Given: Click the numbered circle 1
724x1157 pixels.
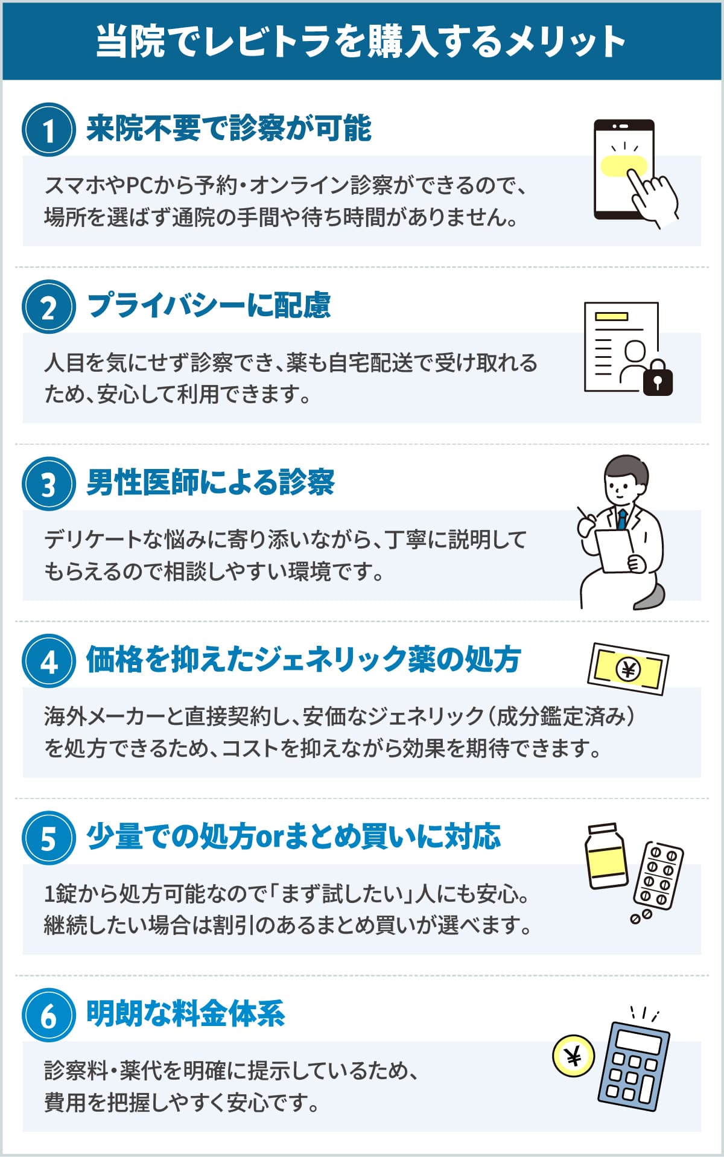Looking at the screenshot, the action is (x=49, y=130).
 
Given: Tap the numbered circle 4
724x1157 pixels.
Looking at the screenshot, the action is (x=49, y=661).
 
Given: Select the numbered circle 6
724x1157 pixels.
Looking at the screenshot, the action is (x=49, y=1015).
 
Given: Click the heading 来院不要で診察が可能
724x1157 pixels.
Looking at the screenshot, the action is (x=229, y=128).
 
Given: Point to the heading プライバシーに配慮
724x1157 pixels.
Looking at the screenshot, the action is (x=209, y=305).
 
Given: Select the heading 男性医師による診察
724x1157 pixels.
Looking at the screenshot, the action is (x=211, y=482).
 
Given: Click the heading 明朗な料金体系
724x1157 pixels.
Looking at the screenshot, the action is (x=186, y=1013).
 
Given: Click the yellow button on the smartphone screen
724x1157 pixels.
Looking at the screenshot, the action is (x=624, y=165).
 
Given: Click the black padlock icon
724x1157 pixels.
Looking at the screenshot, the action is (x=658, y=378).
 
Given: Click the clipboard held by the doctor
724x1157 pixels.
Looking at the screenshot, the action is (x=615, y=550).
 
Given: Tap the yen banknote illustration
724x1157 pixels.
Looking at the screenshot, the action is (x=628, y=669).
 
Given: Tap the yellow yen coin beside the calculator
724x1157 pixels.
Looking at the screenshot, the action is (x=573, y=1056).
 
